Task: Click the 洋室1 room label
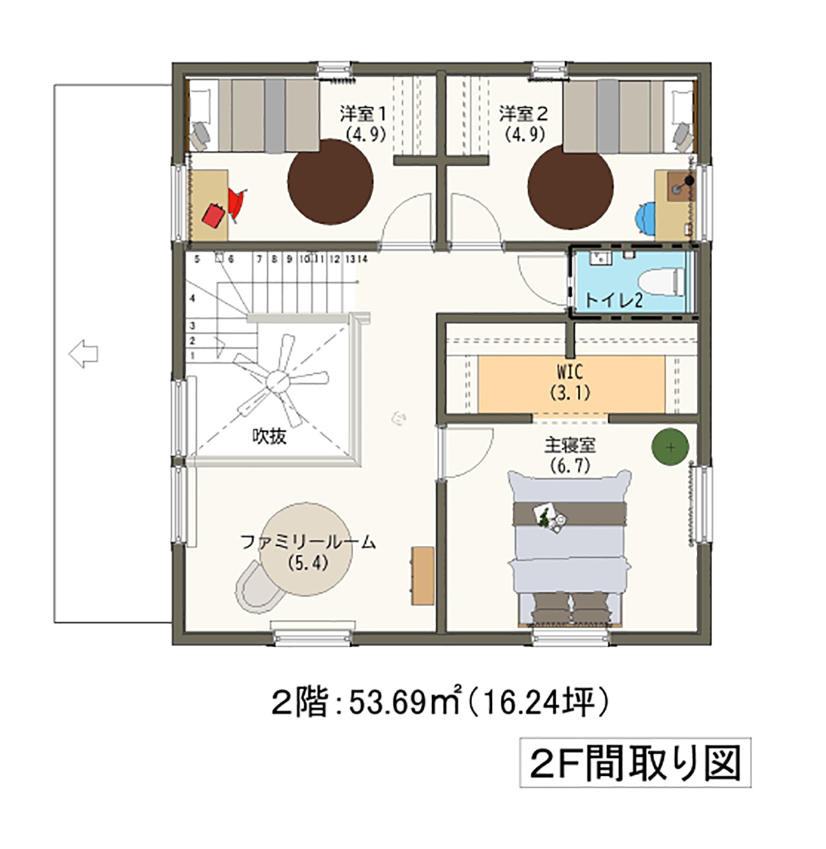[x=363, y=114]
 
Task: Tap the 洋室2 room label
[x=523, y=114]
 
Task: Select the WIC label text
[x=570, y=372]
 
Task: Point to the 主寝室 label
[x=570, y=445]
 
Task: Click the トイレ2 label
[x=613, y=301]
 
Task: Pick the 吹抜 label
[x=269, y=436]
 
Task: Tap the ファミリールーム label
[x=308, y=543]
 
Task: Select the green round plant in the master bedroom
[x=670, y=446]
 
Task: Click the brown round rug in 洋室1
[x=330, y=182]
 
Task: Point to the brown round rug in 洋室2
[x=570, y=187]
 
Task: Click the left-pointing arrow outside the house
[x=83, y=353]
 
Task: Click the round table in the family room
[x=305, y=549]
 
